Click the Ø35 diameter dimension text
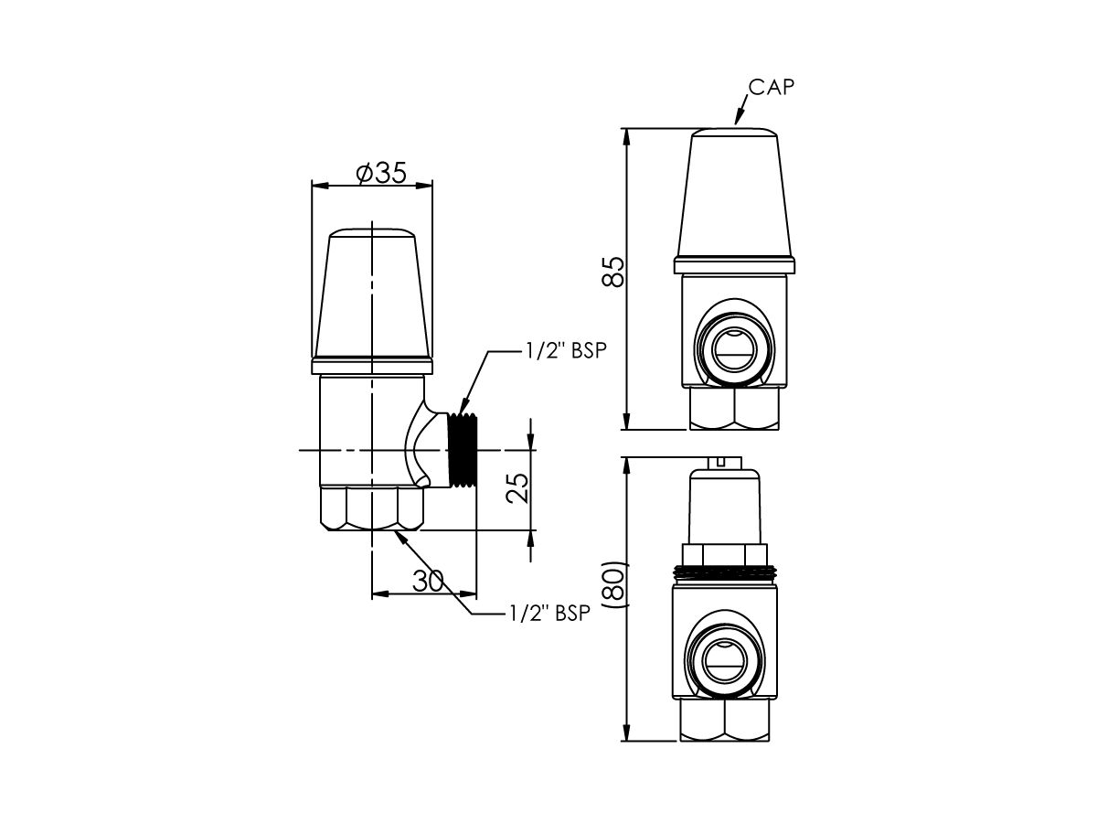381,174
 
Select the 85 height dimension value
613,272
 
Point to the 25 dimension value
517,487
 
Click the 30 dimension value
429,581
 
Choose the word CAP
772,88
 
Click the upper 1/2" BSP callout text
566,350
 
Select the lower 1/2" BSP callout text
549,613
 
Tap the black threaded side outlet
463,450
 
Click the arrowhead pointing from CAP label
738,117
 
